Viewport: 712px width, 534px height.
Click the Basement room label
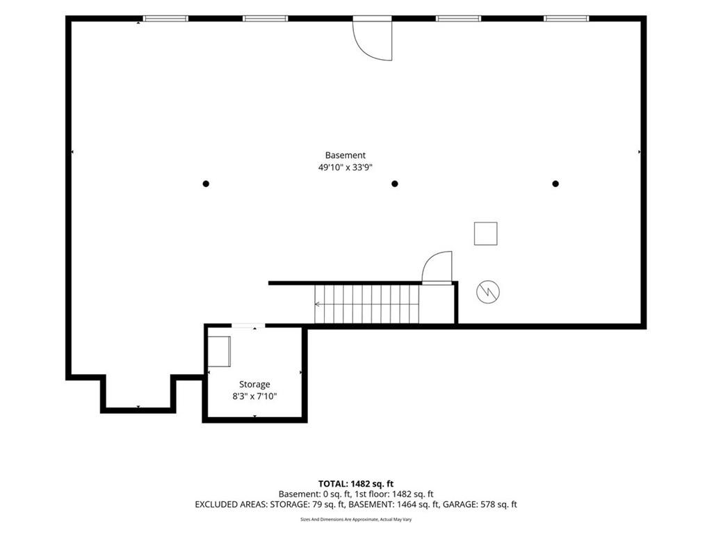point(345,155)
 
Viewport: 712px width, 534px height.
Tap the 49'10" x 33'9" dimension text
point(345,168)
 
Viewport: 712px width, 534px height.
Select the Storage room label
point(254,385)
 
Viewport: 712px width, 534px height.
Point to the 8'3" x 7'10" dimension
point(254,396)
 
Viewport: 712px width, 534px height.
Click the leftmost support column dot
point(206,184)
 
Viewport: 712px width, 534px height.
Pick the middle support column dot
point(395,184)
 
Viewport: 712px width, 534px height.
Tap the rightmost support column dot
point(556,184)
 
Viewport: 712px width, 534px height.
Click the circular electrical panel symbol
point(488,291)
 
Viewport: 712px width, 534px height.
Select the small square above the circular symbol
point(485,234)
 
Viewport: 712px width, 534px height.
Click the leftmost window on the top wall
point(165,19)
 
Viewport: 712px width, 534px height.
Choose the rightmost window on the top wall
point(566,19)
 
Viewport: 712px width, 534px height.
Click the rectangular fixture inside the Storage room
point(219,351)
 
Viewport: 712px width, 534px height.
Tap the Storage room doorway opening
point(248,325)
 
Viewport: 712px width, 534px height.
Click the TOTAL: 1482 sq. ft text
point(356,484)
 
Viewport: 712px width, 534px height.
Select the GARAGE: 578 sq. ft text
point(480,505)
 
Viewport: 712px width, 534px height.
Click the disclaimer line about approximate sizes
point(356,519)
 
